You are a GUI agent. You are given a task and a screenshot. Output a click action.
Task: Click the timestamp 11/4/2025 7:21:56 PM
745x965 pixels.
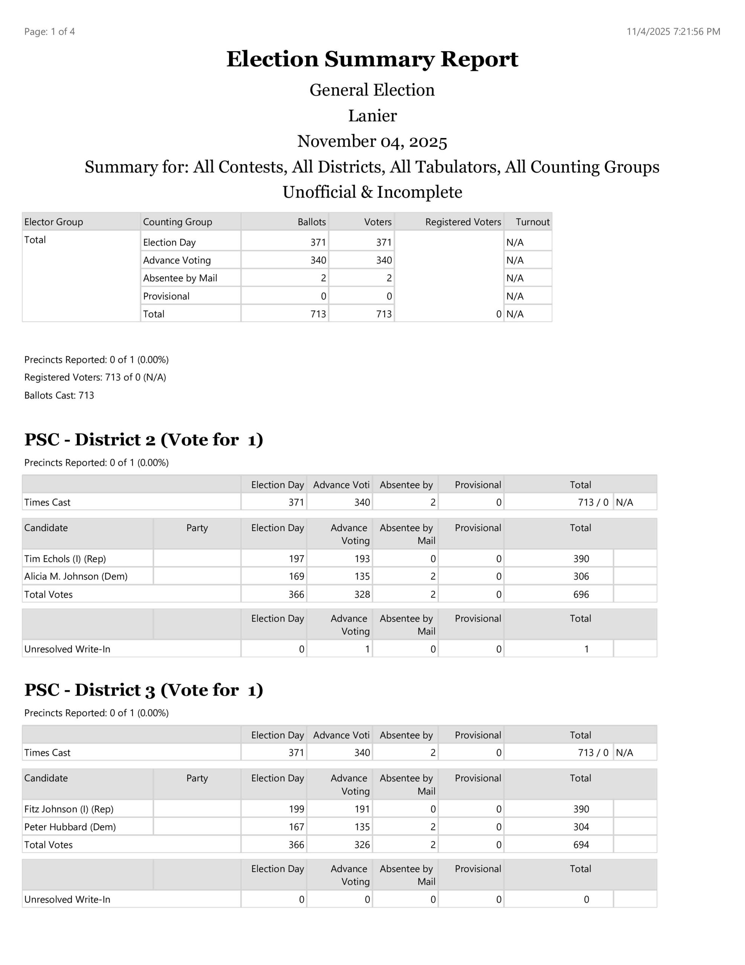point(673,31)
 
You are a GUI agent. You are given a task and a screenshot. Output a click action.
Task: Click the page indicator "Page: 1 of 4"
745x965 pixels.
point(49,31)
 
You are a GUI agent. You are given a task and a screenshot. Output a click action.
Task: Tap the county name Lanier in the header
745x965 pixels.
point(372,116)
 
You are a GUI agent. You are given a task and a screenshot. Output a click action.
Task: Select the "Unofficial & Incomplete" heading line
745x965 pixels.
point(372,192)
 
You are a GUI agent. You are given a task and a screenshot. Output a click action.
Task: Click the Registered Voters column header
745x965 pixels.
point(463,222)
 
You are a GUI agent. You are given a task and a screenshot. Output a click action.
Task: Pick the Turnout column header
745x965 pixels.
point(533,222)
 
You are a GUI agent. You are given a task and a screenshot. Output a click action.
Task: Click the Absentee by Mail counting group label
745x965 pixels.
point(180,278)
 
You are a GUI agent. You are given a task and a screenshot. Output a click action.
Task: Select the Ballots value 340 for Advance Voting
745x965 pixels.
point(318,260)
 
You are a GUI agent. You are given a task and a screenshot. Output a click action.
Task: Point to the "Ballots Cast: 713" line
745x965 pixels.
point(59,395)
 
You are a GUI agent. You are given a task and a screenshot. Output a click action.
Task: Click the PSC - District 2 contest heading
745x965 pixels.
point(144,440)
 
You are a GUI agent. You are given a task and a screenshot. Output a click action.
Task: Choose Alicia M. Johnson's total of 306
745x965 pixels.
point(581,576)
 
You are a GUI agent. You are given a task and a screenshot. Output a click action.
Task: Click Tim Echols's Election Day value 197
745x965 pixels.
point(296,559)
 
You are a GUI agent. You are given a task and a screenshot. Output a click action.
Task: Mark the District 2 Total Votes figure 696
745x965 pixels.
point(581,594)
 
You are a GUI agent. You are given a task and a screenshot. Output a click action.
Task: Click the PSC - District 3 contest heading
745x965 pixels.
point(144,690)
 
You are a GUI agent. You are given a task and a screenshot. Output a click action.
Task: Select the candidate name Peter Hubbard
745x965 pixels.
point(70,827)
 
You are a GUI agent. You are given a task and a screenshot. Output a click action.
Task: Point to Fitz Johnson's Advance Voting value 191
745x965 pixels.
point(362,809)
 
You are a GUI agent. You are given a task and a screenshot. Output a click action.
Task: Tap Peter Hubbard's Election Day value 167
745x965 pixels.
point(296,827)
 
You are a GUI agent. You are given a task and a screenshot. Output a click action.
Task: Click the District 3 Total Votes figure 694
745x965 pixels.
point(581,845)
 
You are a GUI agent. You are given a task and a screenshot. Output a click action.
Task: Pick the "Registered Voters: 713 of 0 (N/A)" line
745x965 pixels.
point(95,377)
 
